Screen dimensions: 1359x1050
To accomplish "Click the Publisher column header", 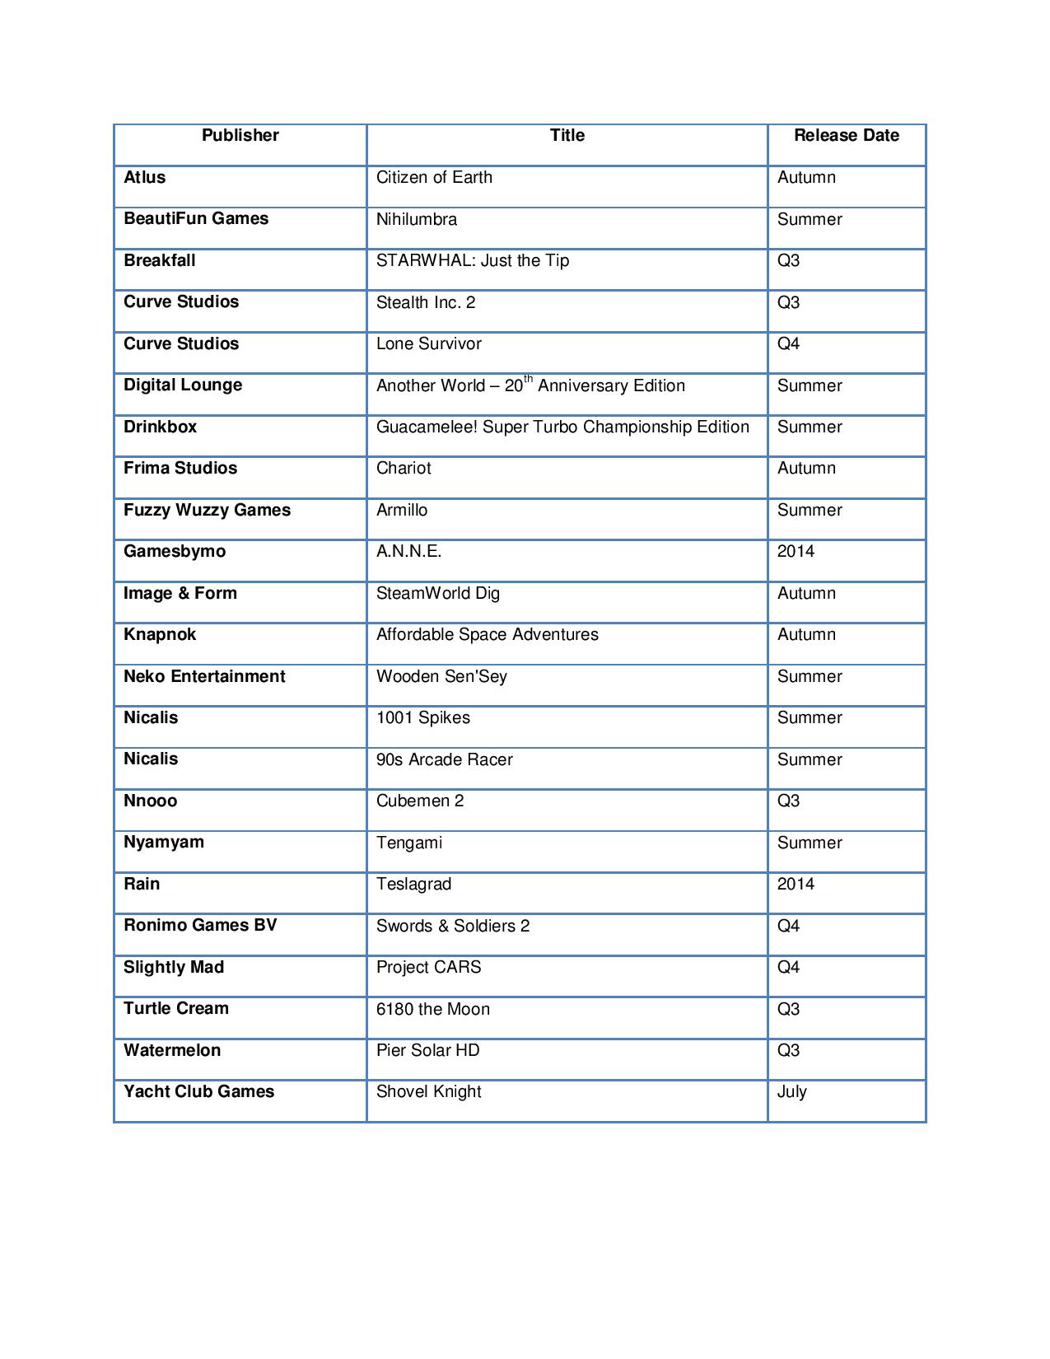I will pyautogui.click(x=240, y=136).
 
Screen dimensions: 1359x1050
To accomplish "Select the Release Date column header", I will pyautogui.click(x=846, y=136).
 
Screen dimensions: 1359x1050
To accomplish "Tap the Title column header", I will pyautogui.click(x=567, y=136).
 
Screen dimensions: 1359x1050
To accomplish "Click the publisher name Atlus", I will pyautogui.click(x=145, y=178).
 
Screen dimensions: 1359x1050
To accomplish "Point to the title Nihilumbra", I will pyautogui.click(x=417, y=219).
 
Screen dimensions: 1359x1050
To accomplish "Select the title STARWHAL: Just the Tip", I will pyautogui.click(x=473, y=261).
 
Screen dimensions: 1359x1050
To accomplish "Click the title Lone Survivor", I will pyautogui.click(x=428, y=344).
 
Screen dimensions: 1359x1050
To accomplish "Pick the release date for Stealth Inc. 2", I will pyautogui.click(x=788, y=302).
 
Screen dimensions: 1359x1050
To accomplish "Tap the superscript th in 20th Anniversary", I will pyautogui.click(x=529, y=379).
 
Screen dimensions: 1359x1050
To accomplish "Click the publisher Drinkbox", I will pyautogui.click(x=161, y=427).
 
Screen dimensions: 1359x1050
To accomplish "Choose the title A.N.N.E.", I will pyautogui.click(x=408, y=552).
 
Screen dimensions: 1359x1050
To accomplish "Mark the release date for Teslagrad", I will pyautogui.click(x=796, y=885).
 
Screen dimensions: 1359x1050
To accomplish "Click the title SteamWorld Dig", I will pyautogui.click(x=438, y=594).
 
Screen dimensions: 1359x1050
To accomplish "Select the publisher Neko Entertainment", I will pyautogui.click(x=204, y=677).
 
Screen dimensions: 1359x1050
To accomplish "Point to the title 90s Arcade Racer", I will pyautogui.click(x=445, y=760).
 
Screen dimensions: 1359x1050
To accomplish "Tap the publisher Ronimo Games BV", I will pyautogui.click(x=200, y=926).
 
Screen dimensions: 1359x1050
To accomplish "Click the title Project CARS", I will pyautogui.click(x=428, y=968).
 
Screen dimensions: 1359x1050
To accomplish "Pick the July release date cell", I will pyautogui.click(x=791, y=1092).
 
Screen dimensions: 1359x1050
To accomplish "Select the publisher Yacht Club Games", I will pyautogui.click(x=198, y=1092).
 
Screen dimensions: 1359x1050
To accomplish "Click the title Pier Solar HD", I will pyautogui.click(x=427, y=1051).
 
